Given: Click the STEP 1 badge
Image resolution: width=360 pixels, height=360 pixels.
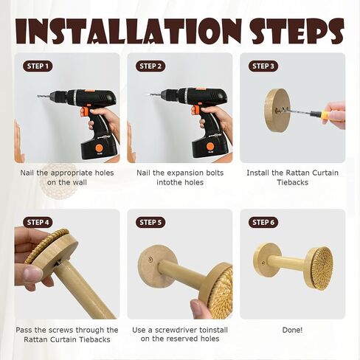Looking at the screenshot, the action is [x=38, y=66].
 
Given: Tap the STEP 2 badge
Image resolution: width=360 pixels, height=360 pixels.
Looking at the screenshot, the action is [x=150, y=66].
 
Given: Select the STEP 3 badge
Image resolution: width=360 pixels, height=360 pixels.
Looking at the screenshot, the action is [x=263, y=66].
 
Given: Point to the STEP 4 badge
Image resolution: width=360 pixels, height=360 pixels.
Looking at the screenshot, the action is [x=38, y=223].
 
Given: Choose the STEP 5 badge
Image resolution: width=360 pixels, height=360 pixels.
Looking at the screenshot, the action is [x=150, y=223].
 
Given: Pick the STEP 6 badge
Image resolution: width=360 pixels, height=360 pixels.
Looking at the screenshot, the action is [x=263, y=223].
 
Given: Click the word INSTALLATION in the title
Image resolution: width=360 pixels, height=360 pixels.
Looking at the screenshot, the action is [x=128, y=31].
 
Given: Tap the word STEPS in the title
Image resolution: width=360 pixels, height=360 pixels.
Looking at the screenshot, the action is [x=298, y=32].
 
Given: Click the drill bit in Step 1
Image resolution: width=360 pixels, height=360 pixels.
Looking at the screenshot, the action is [x=44, y=96].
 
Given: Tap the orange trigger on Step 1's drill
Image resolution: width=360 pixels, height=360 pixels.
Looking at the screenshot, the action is [x=84, y=111].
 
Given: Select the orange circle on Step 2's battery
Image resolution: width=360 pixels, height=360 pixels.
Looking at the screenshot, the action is [x=210, y=147].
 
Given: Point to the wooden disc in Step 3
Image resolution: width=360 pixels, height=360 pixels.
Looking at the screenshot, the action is [x=277, y=110].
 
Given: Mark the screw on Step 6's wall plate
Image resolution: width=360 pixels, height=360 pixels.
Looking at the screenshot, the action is [x=263, y=263].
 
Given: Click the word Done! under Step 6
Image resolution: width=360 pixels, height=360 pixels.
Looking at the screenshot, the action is [x=292, y=330].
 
